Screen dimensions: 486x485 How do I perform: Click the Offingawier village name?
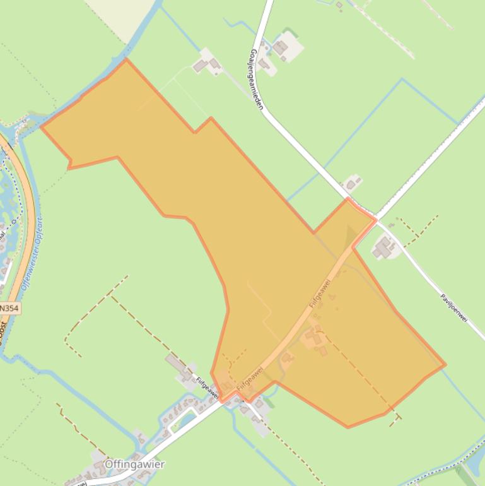[134, 465]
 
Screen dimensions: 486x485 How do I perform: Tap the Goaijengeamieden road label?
[256, 80]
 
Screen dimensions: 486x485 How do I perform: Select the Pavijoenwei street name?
[453, 307]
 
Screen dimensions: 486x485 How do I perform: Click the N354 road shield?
[9, 308]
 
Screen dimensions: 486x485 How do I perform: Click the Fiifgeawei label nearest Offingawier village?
[207, 388]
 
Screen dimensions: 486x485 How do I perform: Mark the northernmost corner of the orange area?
[126, 59]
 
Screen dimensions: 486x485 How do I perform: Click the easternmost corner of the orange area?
[445, 364]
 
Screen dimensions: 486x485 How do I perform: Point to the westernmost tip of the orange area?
[42, 127]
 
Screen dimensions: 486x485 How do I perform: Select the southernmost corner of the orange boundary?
[348, 427]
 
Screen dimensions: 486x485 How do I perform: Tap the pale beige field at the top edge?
[120, 16]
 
